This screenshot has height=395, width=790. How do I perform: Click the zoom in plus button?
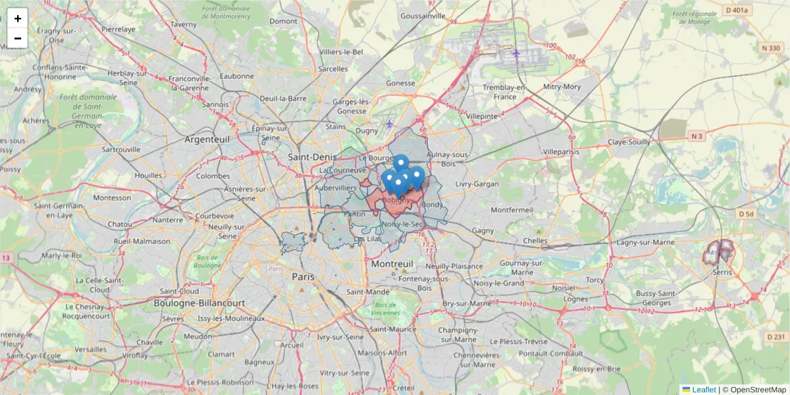coord(18,18)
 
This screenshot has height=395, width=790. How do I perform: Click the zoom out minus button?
coord(18,38)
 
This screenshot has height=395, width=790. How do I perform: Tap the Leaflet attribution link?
coord(703,390)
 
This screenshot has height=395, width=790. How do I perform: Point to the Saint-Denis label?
coord(313,157)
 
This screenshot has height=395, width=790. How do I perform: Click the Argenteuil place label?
coord(207,140)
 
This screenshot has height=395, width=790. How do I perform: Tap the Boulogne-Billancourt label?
coord(199,303)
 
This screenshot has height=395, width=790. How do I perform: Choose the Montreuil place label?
coord(392,263)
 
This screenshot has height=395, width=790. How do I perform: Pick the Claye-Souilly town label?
coord(629,142)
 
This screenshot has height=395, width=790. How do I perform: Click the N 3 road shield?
coord(697,136)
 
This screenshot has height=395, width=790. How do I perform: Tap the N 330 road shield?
coord(770,47)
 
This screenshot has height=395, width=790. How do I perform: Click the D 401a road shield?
coord(736,10)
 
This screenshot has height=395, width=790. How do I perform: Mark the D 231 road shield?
coord(776,336)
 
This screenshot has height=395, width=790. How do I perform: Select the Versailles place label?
coord(91,349)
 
